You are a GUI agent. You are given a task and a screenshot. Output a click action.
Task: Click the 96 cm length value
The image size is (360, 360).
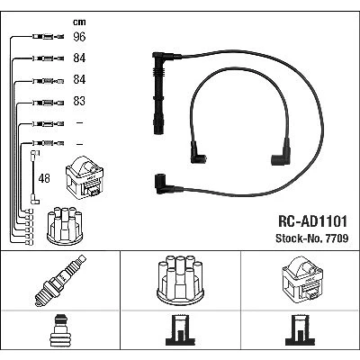coord(79,37)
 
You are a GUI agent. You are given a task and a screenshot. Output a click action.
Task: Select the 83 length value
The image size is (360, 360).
coord(79,101)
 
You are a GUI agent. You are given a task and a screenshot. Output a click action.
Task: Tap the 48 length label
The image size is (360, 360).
coord(44,178)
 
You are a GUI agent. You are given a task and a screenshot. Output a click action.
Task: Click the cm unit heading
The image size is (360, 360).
coord(79,22)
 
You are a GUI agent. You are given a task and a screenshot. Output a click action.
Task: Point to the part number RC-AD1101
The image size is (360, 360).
coord(313,221)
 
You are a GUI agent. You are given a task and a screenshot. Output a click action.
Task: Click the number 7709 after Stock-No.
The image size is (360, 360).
coord(336,238)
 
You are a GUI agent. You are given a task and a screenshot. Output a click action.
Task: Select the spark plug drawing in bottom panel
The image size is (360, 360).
coord(60,281)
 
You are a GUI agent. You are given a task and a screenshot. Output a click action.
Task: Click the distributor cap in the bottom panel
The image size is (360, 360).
coord(181,280)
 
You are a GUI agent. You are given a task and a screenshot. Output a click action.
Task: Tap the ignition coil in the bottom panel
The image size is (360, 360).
coord(302,278)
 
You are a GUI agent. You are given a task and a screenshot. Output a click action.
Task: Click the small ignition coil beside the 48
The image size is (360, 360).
coord(85,177)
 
